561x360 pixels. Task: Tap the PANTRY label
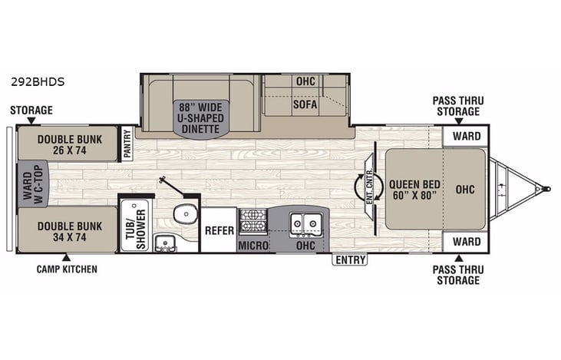[127, 145]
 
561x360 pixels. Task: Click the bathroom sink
[164, 244]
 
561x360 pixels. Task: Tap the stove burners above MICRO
[252, 220]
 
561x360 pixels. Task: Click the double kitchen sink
[305, 223]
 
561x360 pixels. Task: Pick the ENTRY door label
[349, 260]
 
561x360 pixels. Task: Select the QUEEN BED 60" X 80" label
[412, 189]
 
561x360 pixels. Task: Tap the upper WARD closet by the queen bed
[466, 137]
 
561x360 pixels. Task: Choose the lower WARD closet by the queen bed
[466, 242]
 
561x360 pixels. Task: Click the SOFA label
[305, 104]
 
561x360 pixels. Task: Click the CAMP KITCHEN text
[66, 269]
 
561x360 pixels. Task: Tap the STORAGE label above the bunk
[31, 110]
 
